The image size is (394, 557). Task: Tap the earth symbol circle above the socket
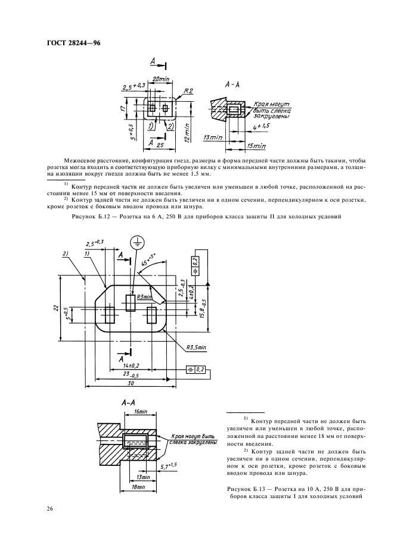point(136,242)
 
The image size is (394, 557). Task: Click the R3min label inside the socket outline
point(143,296)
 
